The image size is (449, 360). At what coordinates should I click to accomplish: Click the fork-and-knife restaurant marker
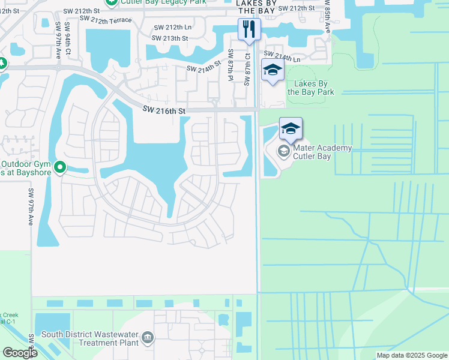pyautogui.click(x=248, y=29)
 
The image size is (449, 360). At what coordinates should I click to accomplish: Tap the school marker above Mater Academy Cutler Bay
pyautogui.click(x=291, y=128)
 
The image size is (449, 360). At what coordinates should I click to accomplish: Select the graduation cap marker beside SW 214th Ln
pyautogui.click(x=273, y=70)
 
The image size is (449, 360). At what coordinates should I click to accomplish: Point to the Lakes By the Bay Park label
pyautogui.click(x=311, y=88)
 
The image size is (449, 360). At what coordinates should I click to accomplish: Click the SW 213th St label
pyautogui.click(x=170, y=38)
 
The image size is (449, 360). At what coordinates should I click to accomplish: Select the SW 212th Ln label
pyautogui.click(x=173, y=27)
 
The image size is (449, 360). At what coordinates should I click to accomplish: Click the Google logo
pyautogui.click(x=20, y=353)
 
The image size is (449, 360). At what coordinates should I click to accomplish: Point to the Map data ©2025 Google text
pyautogui.click(x=412, y=355)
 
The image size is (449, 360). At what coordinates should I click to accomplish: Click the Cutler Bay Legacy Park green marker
pyautogui.click(x=111, y=2)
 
